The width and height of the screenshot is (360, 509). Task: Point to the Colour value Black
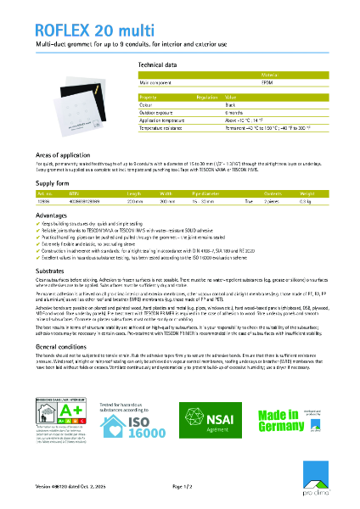tap(230, 107)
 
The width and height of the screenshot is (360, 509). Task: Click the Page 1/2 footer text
tap(184, 487)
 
